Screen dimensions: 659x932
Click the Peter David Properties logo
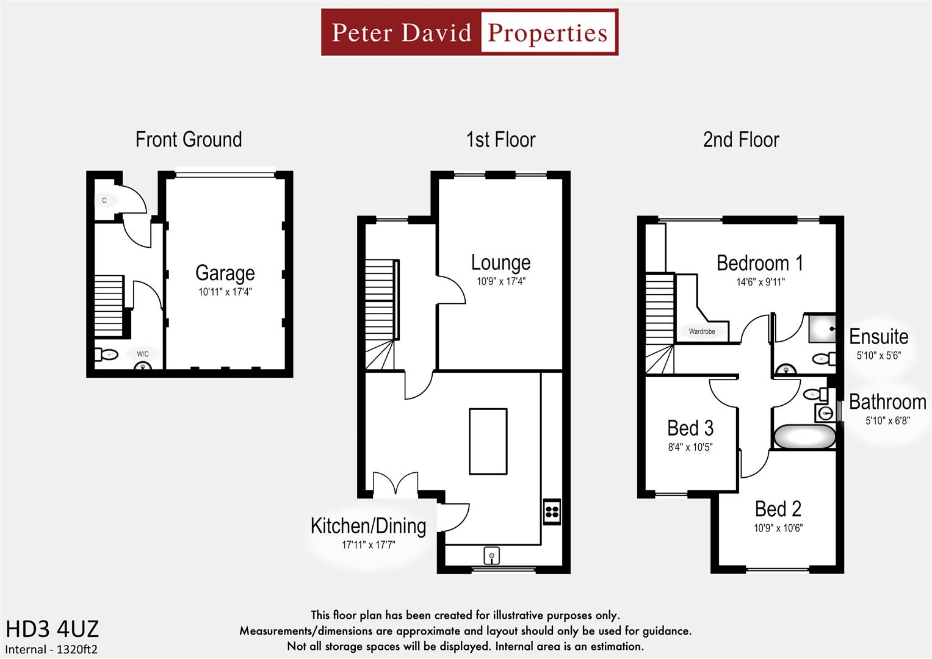click(x=469, y=32)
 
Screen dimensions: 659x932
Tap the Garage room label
click(x=225, y=273)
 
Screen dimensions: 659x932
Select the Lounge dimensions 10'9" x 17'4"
click(x=500, y=282)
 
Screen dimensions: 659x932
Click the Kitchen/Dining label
click(x=368, y=526)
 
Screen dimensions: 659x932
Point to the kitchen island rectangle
click(x=488, y=441)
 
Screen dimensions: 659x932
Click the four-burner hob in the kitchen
click(x=552, y=511)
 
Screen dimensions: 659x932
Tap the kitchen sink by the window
click(x=491, y=556)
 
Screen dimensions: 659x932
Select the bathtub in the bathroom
click(x=804, y=437)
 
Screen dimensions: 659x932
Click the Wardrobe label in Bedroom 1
click(x=702, y=331)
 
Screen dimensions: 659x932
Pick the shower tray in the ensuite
click(x=822, y=328)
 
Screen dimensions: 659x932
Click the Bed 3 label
click(x=690, y=428)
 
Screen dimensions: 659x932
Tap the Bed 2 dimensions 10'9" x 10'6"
click(x=778, y=528)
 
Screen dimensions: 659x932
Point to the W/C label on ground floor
click(x=143, y=354)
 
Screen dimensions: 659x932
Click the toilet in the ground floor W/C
click(x=107, y=355)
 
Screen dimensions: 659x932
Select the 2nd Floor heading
click(x=741, y=140)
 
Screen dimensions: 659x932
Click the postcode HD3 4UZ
click(x=52, y=629)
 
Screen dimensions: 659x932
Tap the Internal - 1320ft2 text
click(x=51, y=649)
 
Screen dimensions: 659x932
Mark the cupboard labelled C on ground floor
click(x=104, y=200)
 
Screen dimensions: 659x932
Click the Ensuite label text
click(x=878, y=337)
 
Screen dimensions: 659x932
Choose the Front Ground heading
click(x=189, y=140)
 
